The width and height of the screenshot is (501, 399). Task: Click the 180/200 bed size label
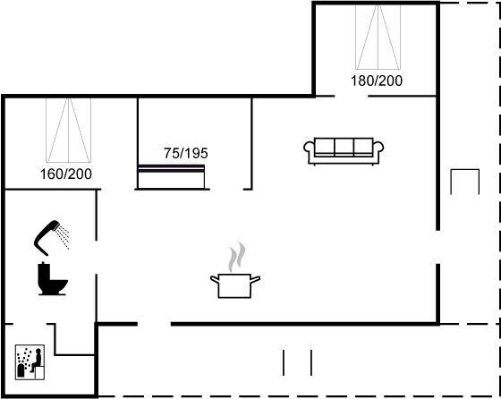(377, 81)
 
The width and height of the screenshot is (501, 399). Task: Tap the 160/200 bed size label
(66, 174)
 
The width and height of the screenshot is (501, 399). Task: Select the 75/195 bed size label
(186, 153)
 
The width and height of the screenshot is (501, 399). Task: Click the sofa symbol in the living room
(344, 151)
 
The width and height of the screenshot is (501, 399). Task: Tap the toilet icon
(53, 278)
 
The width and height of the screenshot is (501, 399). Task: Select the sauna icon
(30, 362)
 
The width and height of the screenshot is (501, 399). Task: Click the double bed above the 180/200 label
(378, 37)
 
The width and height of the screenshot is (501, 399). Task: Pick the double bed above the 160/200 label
(68, 131)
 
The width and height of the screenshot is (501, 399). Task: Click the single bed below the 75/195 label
(171, 176)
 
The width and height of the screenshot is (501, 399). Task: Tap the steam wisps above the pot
(237, 257)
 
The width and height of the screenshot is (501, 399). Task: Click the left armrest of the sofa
(309, 151)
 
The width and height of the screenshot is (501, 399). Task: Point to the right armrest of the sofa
(378, 151)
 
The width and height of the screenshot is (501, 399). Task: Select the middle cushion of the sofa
(344, 147)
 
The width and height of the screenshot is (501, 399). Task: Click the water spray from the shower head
(63, 237)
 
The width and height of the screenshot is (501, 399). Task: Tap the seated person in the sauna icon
(36, 361)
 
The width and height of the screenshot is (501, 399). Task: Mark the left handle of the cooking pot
(215, 280)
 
